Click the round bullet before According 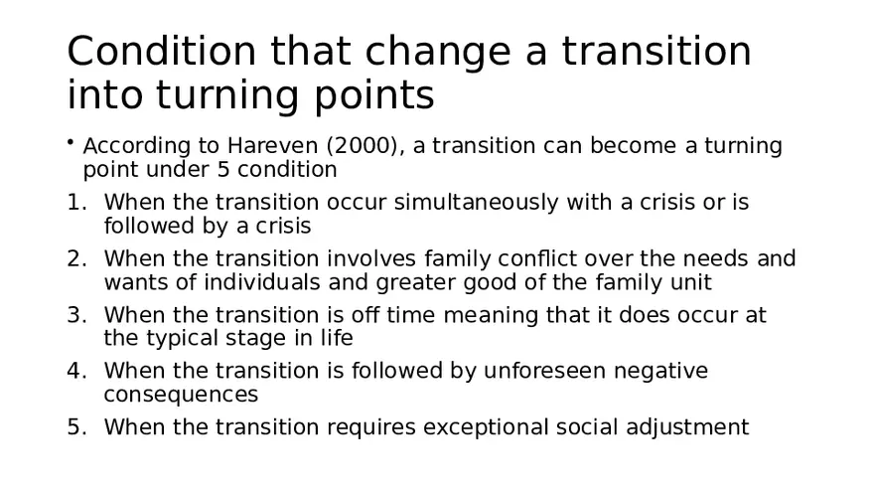(x=72, y=145)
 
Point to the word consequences (x=181, y=395)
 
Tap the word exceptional (x=485, y=428)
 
